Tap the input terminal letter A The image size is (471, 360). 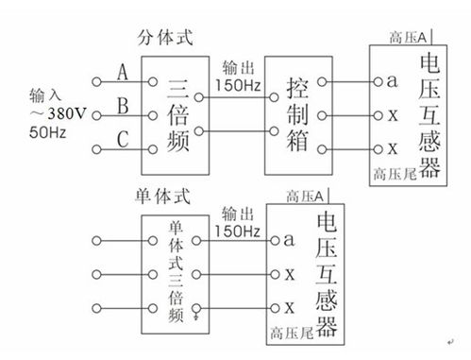pos(123,71)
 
